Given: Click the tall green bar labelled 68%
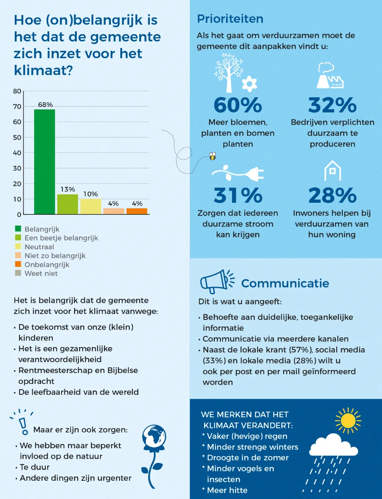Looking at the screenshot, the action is [x=45, y=162].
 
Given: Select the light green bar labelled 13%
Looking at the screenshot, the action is [x=67, y=204].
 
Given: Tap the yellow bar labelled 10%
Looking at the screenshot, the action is [x=91, y=206].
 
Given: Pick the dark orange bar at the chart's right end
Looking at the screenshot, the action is [x=137, y=211].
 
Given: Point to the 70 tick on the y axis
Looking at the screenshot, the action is [x=17, y=106].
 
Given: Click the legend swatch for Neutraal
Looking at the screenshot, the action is [x=18, y=247].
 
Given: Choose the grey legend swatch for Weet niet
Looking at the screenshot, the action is [x=18, y=273].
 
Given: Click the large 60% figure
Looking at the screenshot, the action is [x=238, y=105].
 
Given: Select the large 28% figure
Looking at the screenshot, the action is [x=332, y=195].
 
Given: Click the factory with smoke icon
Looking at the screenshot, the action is [x=330, y=76].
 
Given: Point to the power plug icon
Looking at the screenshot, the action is [x=238, y=173].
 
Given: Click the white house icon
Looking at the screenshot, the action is [x=332, y=171].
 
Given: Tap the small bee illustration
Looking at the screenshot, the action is [x=213, y=156].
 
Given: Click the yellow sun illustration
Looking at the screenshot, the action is [x=348, y=420].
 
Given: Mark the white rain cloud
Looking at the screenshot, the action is [x=334, y=445].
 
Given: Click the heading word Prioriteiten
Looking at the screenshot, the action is [x=230, y=19].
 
